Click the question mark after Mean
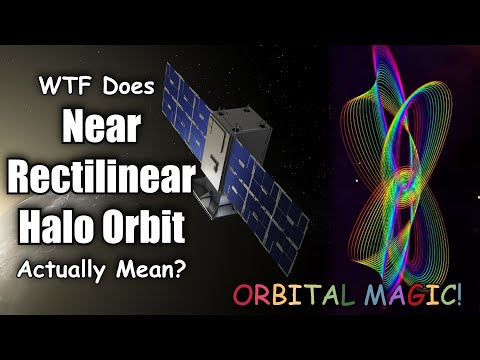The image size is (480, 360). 170,269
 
